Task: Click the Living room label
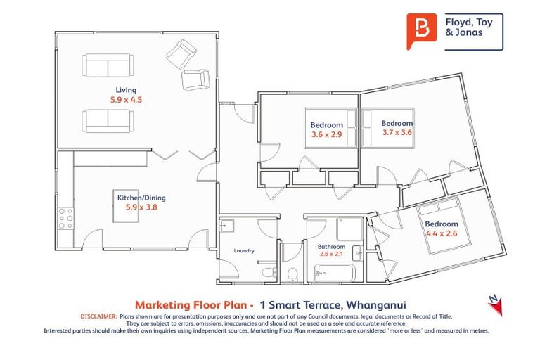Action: [126, 89]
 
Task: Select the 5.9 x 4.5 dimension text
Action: [126, 100]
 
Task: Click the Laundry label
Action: [245, 250]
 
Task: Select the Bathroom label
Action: [331, 247]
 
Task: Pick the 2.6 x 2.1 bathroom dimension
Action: [331, 255]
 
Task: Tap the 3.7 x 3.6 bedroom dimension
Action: [397, 131]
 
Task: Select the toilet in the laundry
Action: [266, 271]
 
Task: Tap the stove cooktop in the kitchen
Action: [66, 218]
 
